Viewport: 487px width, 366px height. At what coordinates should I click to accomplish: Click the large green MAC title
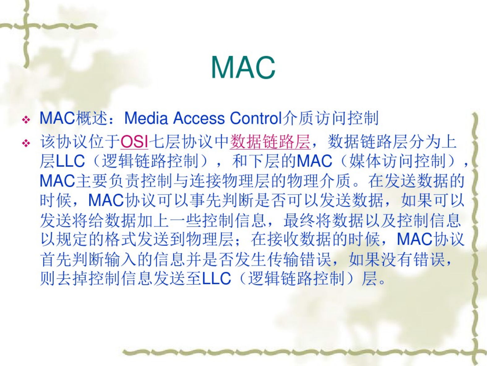point(243,68)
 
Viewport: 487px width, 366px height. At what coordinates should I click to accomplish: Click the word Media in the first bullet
point(146,118)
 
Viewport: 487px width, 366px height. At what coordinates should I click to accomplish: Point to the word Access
point(199,118)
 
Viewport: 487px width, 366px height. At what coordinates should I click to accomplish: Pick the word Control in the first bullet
point(254,118)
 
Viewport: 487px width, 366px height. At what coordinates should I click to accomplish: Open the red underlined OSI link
point(135,142)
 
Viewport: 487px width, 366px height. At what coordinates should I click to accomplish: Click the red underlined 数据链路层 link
point(270,142)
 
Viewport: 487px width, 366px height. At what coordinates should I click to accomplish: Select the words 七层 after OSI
point(164,142)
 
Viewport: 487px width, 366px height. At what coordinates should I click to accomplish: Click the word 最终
point(300,220)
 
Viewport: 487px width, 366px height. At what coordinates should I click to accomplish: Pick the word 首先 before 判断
point(56,259)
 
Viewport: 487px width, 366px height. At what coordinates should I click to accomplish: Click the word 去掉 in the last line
point(72,278)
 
